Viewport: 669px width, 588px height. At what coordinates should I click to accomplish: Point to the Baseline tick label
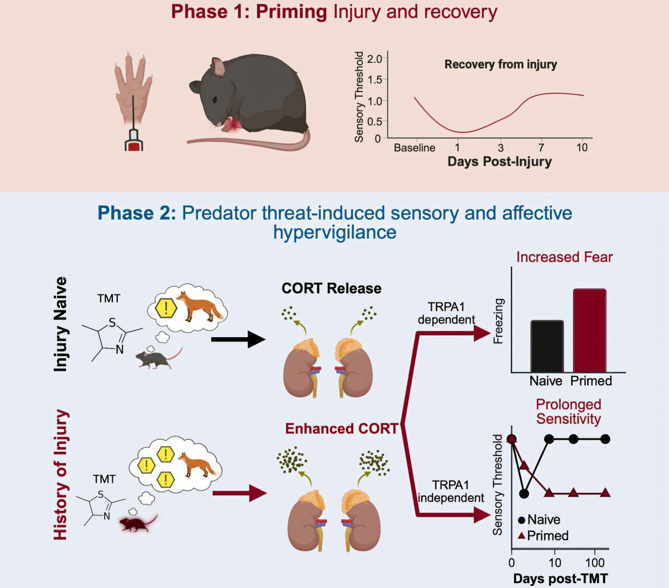click(414, 148)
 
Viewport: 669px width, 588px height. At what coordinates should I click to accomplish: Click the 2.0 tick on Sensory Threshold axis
click(374, 59)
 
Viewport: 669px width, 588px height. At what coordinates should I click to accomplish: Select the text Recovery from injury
click(500, 65)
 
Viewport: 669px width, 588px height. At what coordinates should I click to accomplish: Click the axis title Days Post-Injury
click(500, 162)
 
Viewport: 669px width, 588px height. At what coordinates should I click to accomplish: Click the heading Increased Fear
click(564, 257)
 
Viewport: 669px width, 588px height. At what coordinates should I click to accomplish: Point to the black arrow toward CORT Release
click(238, 340)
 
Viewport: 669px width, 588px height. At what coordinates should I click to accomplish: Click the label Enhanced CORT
click(341, 429)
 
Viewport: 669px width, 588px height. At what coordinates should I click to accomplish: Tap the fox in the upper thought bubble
click(199, 306)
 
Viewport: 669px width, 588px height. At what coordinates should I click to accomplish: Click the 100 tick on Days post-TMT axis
click(595, 563)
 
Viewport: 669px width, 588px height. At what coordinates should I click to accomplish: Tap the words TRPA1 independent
click(451, 492)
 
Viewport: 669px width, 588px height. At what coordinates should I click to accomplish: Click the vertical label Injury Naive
click(61, 324)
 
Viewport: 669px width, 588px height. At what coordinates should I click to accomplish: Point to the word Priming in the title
click(291, 12)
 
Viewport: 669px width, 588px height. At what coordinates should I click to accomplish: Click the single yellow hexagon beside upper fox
click(166, 308)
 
